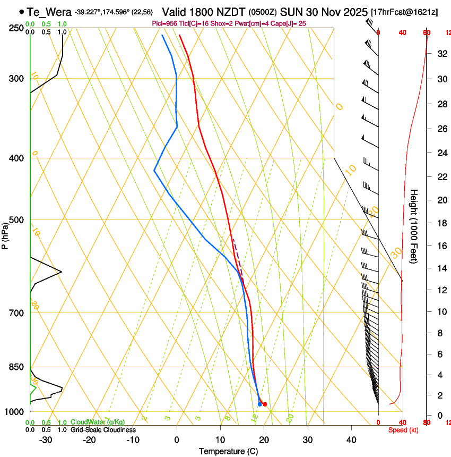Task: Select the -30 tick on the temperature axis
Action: (x=46, y=439)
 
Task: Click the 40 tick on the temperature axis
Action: (x=351, y=439)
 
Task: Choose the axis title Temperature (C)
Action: (x=228, y=451)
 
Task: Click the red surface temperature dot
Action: (x=265, y=404)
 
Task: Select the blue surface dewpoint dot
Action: (x=259, y=404)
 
